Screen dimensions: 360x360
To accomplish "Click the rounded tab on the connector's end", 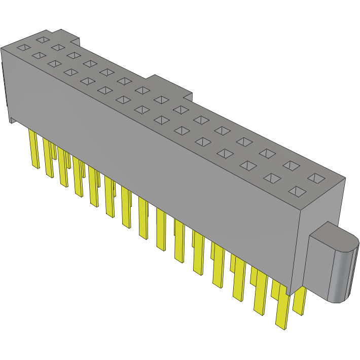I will click(332, 264).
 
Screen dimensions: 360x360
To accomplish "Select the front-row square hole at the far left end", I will click(23, 48).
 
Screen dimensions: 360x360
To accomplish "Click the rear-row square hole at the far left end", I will click(43, 40).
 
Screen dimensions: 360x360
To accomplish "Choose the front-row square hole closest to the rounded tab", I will click(298, 191).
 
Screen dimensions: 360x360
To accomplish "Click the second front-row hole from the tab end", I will click(272, 178).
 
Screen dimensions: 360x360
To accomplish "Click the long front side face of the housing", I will click(152, 162).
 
